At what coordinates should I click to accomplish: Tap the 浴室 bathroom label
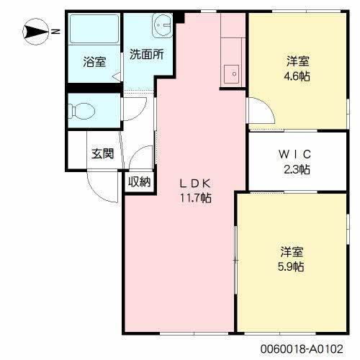tap(94, 61)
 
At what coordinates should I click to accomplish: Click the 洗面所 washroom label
tap(146, 54)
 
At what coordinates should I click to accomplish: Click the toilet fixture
tap(81, 112)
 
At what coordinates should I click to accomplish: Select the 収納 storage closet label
tap(139, 181)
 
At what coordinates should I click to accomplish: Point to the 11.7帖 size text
tap(196, 197)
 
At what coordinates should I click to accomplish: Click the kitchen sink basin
tap(232, 72)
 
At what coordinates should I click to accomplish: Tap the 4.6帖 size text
tap(296, 75)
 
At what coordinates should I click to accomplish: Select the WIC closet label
tap(295, 155)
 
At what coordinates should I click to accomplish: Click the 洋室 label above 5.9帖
tap(292, 252)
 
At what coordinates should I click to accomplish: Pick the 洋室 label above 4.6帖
tap(296, 60)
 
